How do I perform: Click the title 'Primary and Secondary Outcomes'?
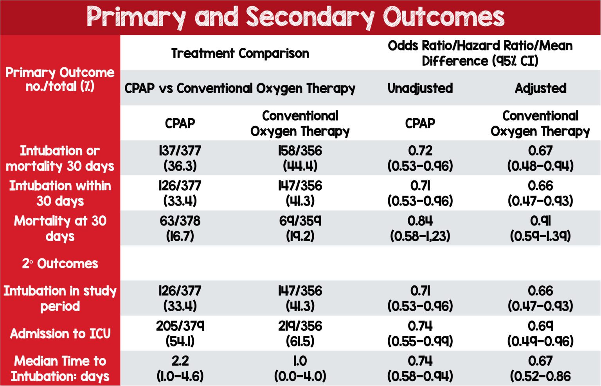pyautogui.click(x=295, y=17)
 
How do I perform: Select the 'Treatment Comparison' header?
pyautogui.click(x=240, y=53)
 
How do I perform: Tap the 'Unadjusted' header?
pyautogui.click(x=420, y=88)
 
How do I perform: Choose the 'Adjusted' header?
pyautogui.click(x=540, y=88)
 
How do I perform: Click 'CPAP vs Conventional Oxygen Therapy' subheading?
pyautogui.click(x=240, y=88)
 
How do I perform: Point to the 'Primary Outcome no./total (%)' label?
pyautogui.click(x=60, y=79)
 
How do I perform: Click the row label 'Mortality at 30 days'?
pyautogui.click(x=60, y=228)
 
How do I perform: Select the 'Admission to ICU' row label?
pyautogui.click(x=60, y=334)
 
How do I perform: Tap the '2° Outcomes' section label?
pyautogui.click(x=60, y=263)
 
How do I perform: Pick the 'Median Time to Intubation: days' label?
pyautogui.click(x=60, y=368)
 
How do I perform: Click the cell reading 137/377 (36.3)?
pyautogui.click(x=180, y=158)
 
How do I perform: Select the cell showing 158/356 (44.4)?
pyautogui.click(x=300, y=158)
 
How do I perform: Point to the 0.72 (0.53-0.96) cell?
pyautogui.click(x=420, y=158)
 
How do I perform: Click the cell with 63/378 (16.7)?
pyautogui.click(x=180, y=228)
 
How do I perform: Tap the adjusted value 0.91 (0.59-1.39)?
pyautogui.click(x=540, y=228)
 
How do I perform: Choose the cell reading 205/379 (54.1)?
pyautogui.click(x=180, y=334)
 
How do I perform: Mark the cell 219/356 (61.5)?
pyautogui.click(x=300, y=334)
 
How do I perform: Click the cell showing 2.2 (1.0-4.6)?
pyautogui.click(x=180, y=368)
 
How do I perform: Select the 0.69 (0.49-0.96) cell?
pyautogui.click(x=540, y=334)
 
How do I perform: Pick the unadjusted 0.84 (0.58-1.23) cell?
pyautogui.click(x=420, y=228)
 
